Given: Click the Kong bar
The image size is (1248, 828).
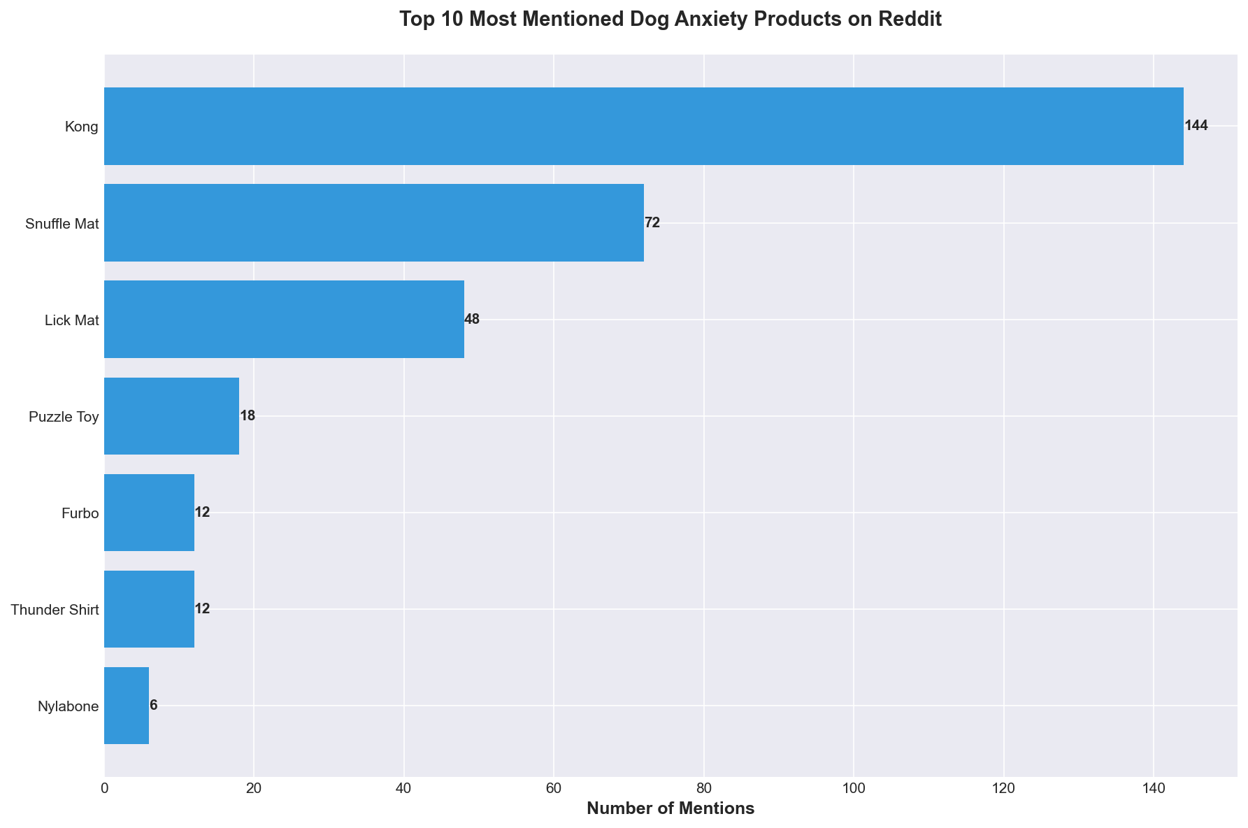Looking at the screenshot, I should (643, 127).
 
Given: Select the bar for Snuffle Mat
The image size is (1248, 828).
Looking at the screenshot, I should (374, 223).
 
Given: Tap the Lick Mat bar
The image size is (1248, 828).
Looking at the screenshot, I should (284, 320).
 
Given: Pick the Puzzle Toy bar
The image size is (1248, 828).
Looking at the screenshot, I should (171, 416).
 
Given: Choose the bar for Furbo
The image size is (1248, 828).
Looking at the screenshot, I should (149, 513).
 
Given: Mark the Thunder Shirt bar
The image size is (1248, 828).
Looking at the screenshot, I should (149, 609).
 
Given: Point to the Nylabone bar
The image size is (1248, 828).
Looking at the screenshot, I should (127, 706).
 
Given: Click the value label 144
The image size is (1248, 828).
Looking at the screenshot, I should (1196, 127).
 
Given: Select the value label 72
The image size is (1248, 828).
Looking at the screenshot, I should (652, 223).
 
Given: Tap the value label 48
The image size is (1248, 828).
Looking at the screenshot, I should (472, 320).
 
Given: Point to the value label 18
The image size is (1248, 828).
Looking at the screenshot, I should (248, 416).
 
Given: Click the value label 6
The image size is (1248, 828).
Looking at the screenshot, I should (154, 706).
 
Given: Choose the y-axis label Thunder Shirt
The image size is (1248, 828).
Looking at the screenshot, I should (55, 610).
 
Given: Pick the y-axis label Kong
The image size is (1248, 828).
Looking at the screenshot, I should (82, 127).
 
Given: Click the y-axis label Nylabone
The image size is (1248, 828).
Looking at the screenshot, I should (68, 706).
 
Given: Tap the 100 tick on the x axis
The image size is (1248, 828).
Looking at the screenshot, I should (854, 789).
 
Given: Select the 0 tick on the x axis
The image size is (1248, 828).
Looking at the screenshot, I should (105, 789).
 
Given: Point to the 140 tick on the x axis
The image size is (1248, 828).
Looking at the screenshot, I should (1154, 789).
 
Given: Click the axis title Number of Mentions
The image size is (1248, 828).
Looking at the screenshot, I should (670, 809).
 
